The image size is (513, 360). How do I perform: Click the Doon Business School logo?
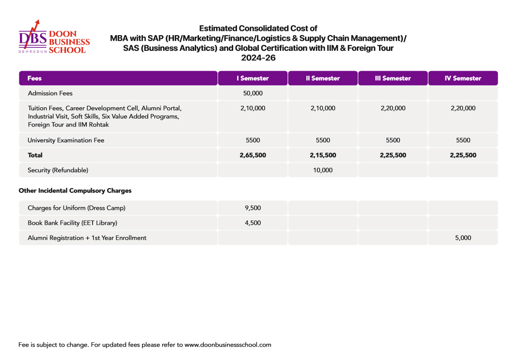click(54, 38)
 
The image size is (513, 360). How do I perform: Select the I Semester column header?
click(253, 78)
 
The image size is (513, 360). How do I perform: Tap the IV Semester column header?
click(463, 78)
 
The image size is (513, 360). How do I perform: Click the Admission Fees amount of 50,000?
click(253, 93)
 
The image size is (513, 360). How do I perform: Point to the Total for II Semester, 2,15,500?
click(323, 155)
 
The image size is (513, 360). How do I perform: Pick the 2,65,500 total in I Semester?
click(253, 155)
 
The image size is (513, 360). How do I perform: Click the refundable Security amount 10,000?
click(323, 170)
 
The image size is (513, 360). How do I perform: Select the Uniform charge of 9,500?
click(253, 208)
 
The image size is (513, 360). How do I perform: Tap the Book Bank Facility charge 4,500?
click(253, 223)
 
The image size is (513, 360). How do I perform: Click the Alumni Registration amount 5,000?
click(463, 238)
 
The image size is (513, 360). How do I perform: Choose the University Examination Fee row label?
click(66, 140)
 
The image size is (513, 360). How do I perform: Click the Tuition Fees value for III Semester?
click(393, 108)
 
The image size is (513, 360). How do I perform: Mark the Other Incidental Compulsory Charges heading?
click(75, 191)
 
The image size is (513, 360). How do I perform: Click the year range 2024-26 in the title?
click(258, 58)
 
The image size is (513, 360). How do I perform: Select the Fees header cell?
click(35, 78)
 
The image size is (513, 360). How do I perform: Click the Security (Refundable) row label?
click(58, 170)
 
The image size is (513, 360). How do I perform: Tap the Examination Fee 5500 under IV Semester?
click(463, 140)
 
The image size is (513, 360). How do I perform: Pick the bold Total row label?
click(35, 155)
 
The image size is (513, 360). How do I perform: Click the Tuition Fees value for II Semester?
click(323, 108)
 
